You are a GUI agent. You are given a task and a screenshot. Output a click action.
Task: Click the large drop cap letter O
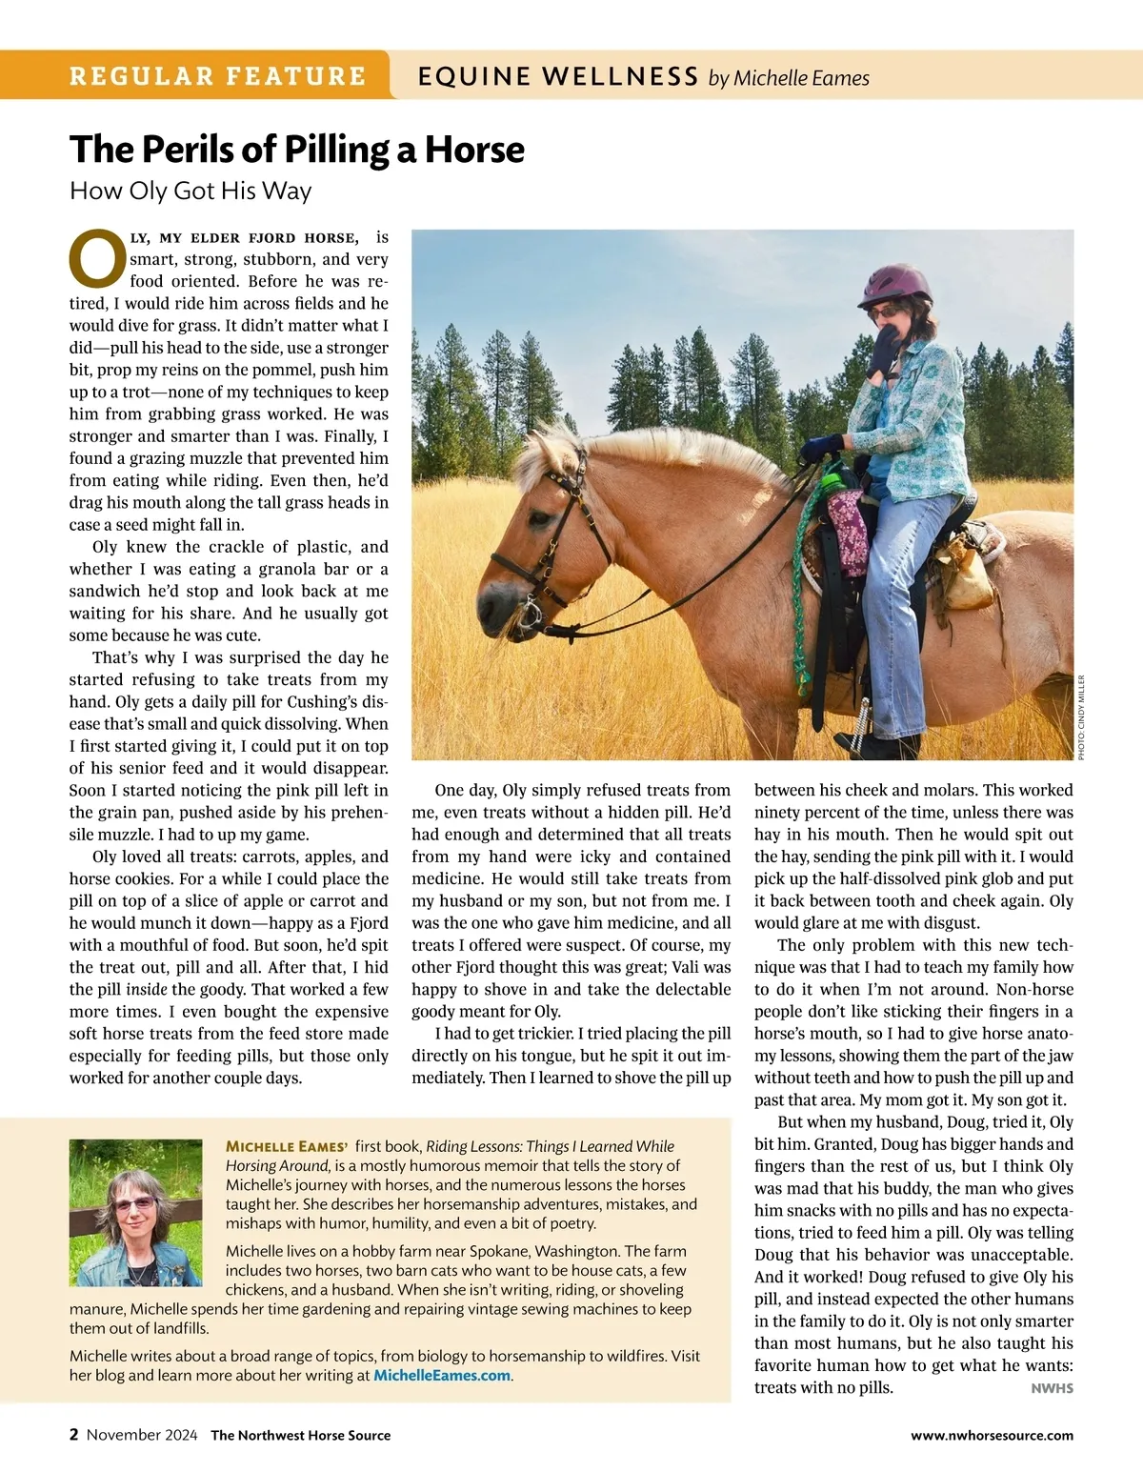[x=97, y=257]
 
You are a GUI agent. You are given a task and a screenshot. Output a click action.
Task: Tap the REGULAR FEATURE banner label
[x=217, y=76]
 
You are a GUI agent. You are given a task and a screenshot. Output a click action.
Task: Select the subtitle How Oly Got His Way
[x=190, y=191]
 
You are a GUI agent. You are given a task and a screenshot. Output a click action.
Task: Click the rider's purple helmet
[x=892, y=284]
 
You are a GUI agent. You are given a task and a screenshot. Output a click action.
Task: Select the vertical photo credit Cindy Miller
[x=1081, y=716]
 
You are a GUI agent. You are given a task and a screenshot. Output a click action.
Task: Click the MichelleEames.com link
[x=442, y=1375]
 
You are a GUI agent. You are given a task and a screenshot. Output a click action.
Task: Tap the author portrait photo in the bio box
[x=135, y=1213]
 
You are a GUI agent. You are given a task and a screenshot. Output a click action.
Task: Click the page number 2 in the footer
[x=74, y=1435]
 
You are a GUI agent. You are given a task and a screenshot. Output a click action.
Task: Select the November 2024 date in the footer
[x=142, y=1435]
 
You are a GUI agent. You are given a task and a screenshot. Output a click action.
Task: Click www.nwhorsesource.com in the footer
[x=992, y=1435]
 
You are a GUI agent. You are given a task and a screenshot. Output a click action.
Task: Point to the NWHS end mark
[x=1052, y=1388]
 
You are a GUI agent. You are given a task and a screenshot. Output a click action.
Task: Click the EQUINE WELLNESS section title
[x=558, y=76]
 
